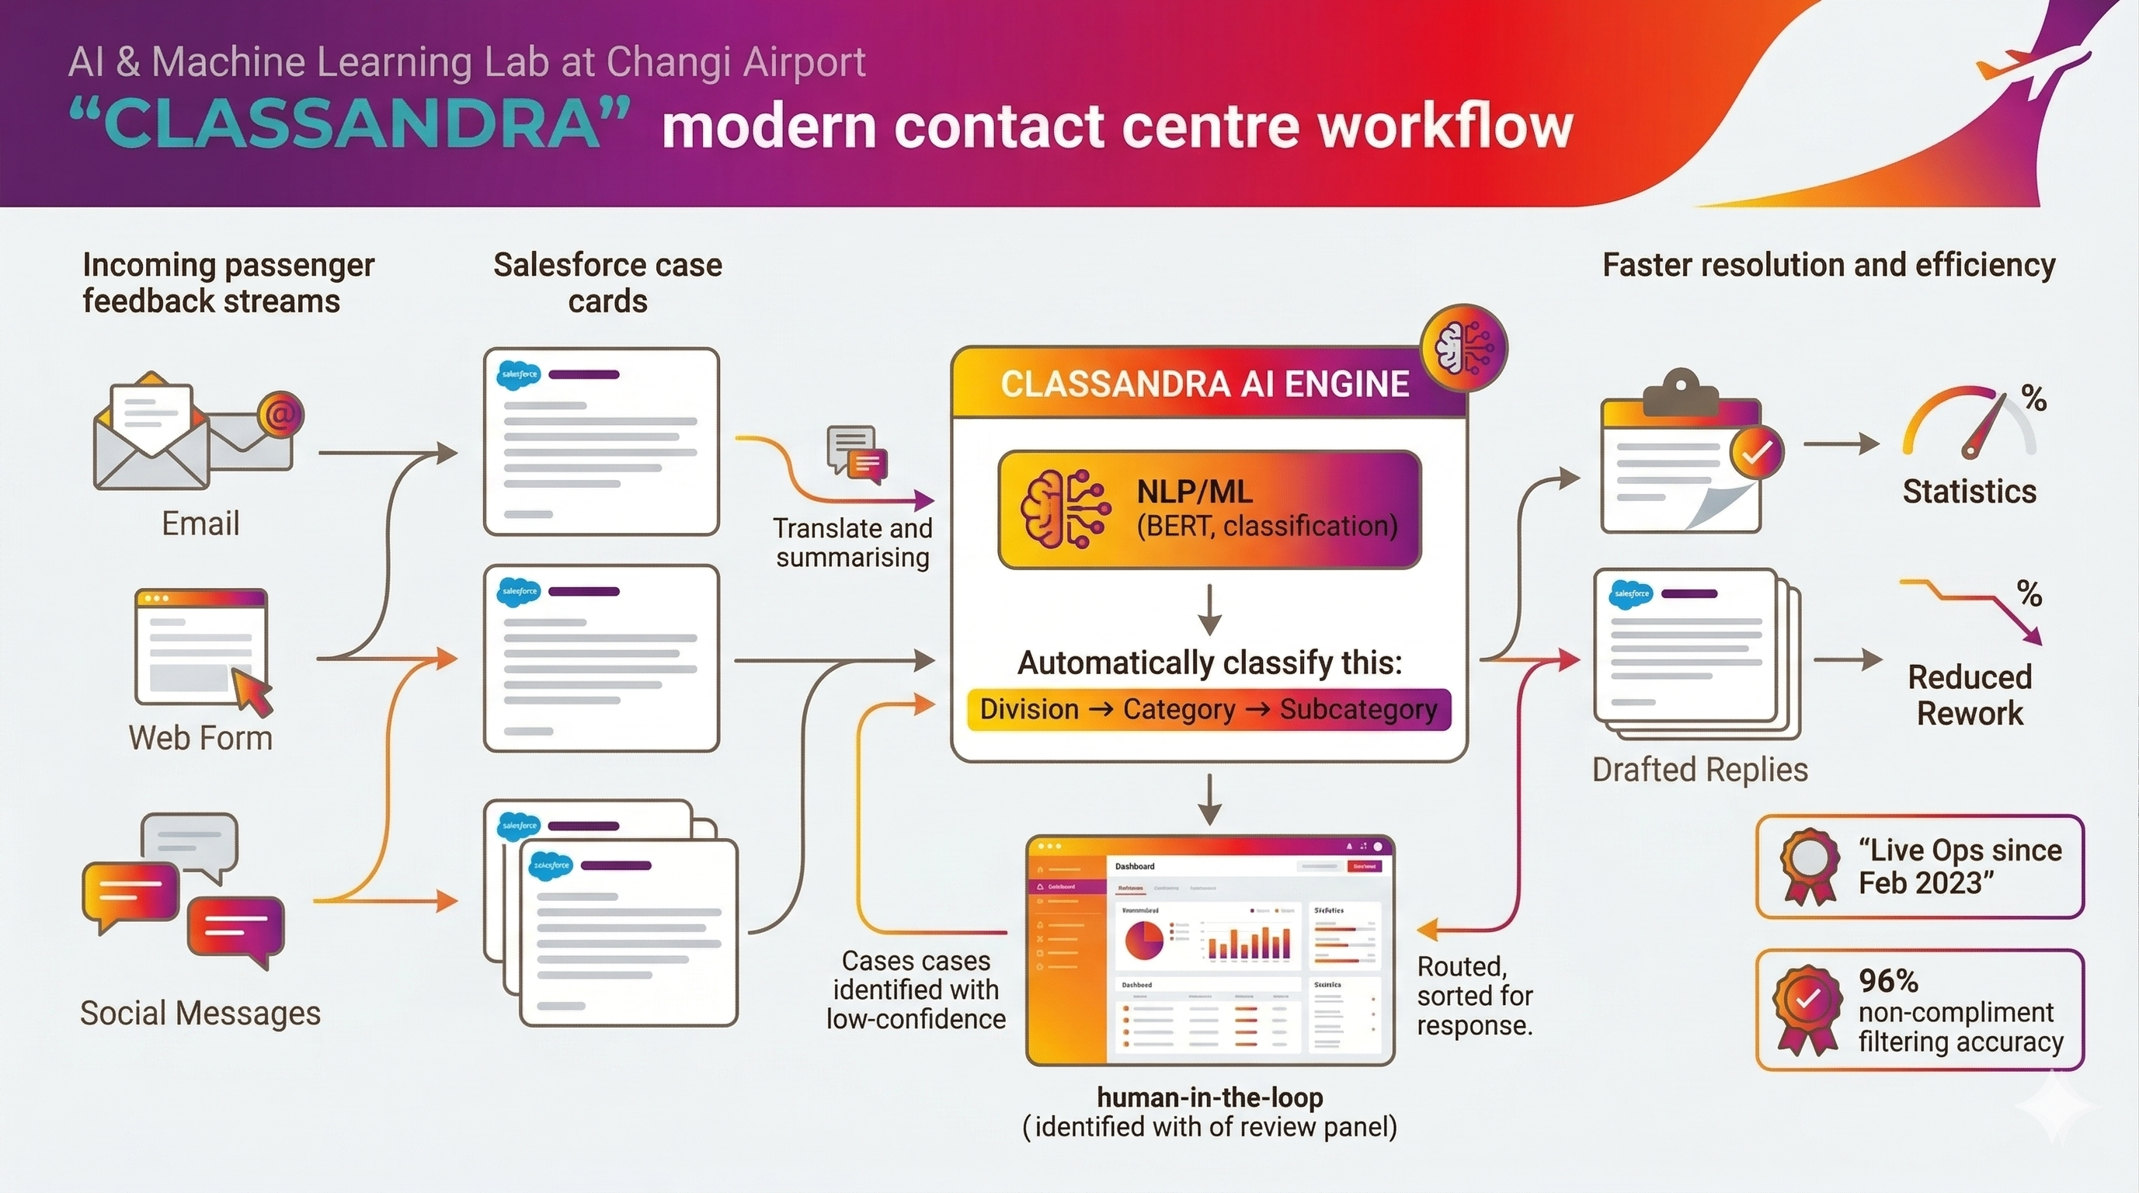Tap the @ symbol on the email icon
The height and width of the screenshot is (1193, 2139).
(280, 414)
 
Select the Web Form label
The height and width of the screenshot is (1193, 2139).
(200, 738)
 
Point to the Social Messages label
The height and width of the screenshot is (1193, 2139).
(200, 1013)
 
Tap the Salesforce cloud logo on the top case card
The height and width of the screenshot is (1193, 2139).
(518, 375)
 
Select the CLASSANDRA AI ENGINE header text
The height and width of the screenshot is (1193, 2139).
(1204, 384)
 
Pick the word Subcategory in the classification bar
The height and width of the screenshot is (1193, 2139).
(1358, 710)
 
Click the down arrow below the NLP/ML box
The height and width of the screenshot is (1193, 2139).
(1209, 610)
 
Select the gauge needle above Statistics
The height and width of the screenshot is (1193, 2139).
(1984, 427)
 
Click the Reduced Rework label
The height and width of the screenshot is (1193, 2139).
(1970, 695)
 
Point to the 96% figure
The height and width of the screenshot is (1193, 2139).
(1888, 981)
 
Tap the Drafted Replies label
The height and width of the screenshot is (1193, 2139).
(1699, 770)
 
